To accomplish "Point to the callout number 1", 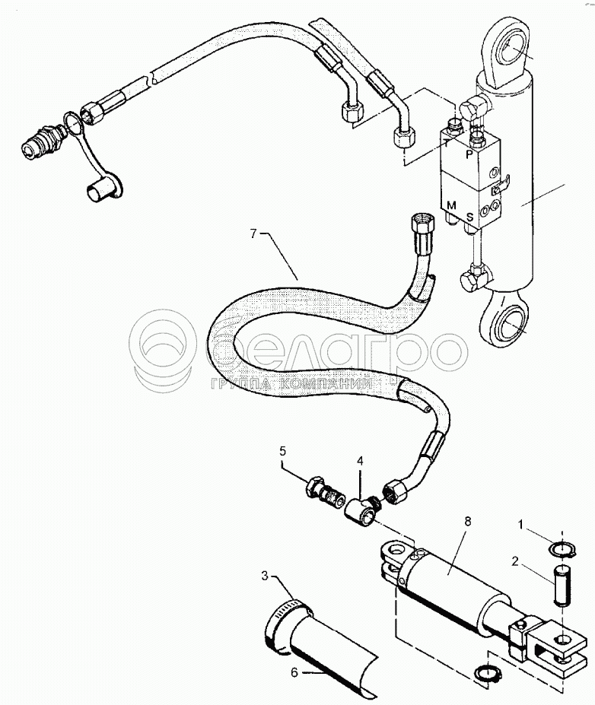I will (521, 524).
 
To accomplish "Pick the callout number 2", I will (515, 564).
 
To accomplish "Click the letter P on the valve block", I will (469, 153).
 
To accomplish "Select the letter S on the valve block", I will (470, 217).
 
